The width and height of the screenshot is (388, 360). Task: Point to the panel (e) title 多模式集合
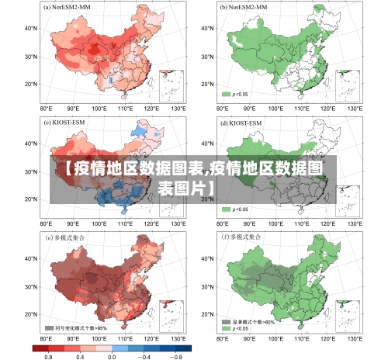(x=68, y=237)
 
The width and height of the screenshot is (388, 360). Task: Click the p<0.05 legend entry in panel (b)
(x=237, y=94)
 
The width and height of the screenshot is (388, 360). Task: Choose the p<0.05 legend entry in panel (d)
(x=237, y=209)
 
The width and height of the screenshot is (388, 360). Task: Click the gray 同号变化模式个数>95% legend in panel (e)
(x=76, y=328)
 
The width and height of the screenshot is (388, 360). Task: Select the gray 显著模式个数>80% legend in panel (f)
(x=248, y=321)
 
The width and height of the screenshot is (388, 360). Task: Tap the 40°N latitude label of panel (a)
(x=31, y=28)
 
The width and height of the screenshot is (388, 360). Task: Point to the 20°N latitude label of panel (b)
(x=207, y=84)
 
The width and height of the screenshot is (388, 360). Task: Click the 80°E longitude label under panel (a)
(x=46, y=109)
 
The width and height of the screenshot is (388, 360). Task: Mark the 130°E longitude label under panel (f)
(x=355, y=339)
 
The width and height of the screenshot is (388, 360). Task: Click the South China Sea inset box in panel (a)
(x=170, y=85)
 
